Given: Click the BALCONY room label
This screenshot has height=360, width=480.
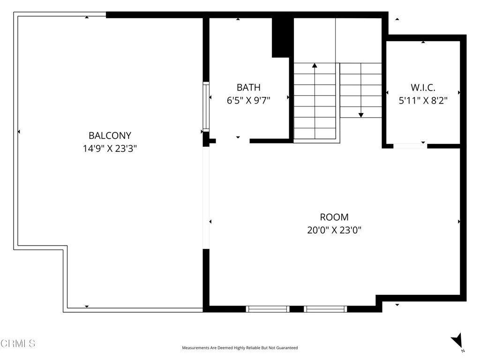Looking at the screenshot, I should coord(110,135).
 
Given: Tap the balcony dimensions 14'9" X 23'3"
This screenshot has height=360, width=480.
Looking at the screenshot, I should coord(110,149).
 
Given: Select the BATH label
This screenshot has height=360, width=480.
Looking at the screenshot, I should coord(248,87).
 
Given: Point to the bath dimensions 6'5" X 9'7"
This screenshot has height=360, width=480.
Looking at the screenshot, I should coord(248,100).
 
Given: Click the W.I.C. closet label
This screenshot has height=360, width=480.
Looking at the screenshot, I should coord(423,87).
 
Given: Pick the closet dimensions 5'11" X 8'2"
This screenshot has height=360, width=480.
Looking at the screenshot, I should coord(423,100).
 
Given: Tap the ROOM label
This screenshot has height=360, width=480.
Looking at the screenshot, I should coord(334,217).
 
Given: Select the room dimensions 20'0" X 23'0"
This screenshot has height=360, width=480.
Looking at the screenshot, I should coord(334,230).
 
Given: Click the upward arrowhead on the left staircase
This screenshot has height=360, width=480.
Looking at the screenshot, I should coord(315,66).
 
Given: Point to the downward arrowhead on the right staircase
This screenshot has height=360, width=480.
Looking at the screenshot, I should coord(361,114).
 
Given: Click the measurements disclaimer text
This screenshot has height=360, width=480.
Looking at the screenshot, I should coord(240,348).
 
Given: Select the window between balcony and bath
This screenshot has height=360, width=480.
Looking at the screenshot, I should coord(206,106).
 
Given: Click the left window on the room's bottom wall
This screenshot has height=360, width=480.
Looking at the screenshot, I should coord(268,309).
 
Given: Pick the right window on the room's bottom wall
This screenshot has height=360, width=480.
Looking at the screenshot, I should coord(325,309).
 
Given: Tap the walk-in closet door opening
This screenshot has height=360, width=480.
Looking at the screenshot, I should coord(410,146).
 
